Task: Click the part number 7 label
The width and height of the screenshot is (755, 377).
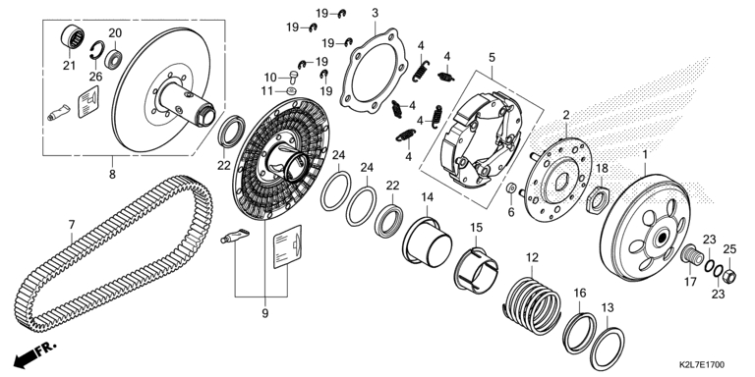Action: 72,225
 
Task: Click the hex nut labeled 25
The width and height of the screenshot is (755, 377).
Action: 729,277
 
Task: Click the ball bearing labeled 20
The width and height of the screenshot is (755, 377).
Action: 114,59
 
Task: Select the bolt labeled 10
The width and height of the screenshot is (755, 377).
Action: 293,77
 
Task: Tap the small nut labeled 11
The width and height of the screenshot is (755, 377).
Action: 291,91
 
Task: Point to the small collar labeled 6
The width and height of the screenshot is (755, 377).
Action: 512,188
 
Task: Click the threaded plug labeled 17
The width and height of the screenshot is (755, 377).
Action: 690,254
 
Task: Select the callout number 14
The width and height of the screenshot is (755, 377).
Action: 428,197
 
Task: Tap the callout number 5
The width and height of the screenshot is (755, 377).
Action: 492,58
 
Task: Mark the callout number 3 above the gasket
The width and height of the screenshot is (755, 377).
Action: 376,13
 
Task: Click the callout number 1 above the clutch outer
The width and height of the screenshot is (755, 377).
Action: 645,155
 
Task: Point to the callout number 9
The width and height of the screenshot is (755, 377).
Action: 264,313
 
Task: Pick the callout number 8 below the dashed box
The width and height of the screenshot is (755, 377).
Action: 112,174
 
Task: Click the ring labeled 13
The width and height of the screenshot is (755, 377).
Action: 607,349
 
